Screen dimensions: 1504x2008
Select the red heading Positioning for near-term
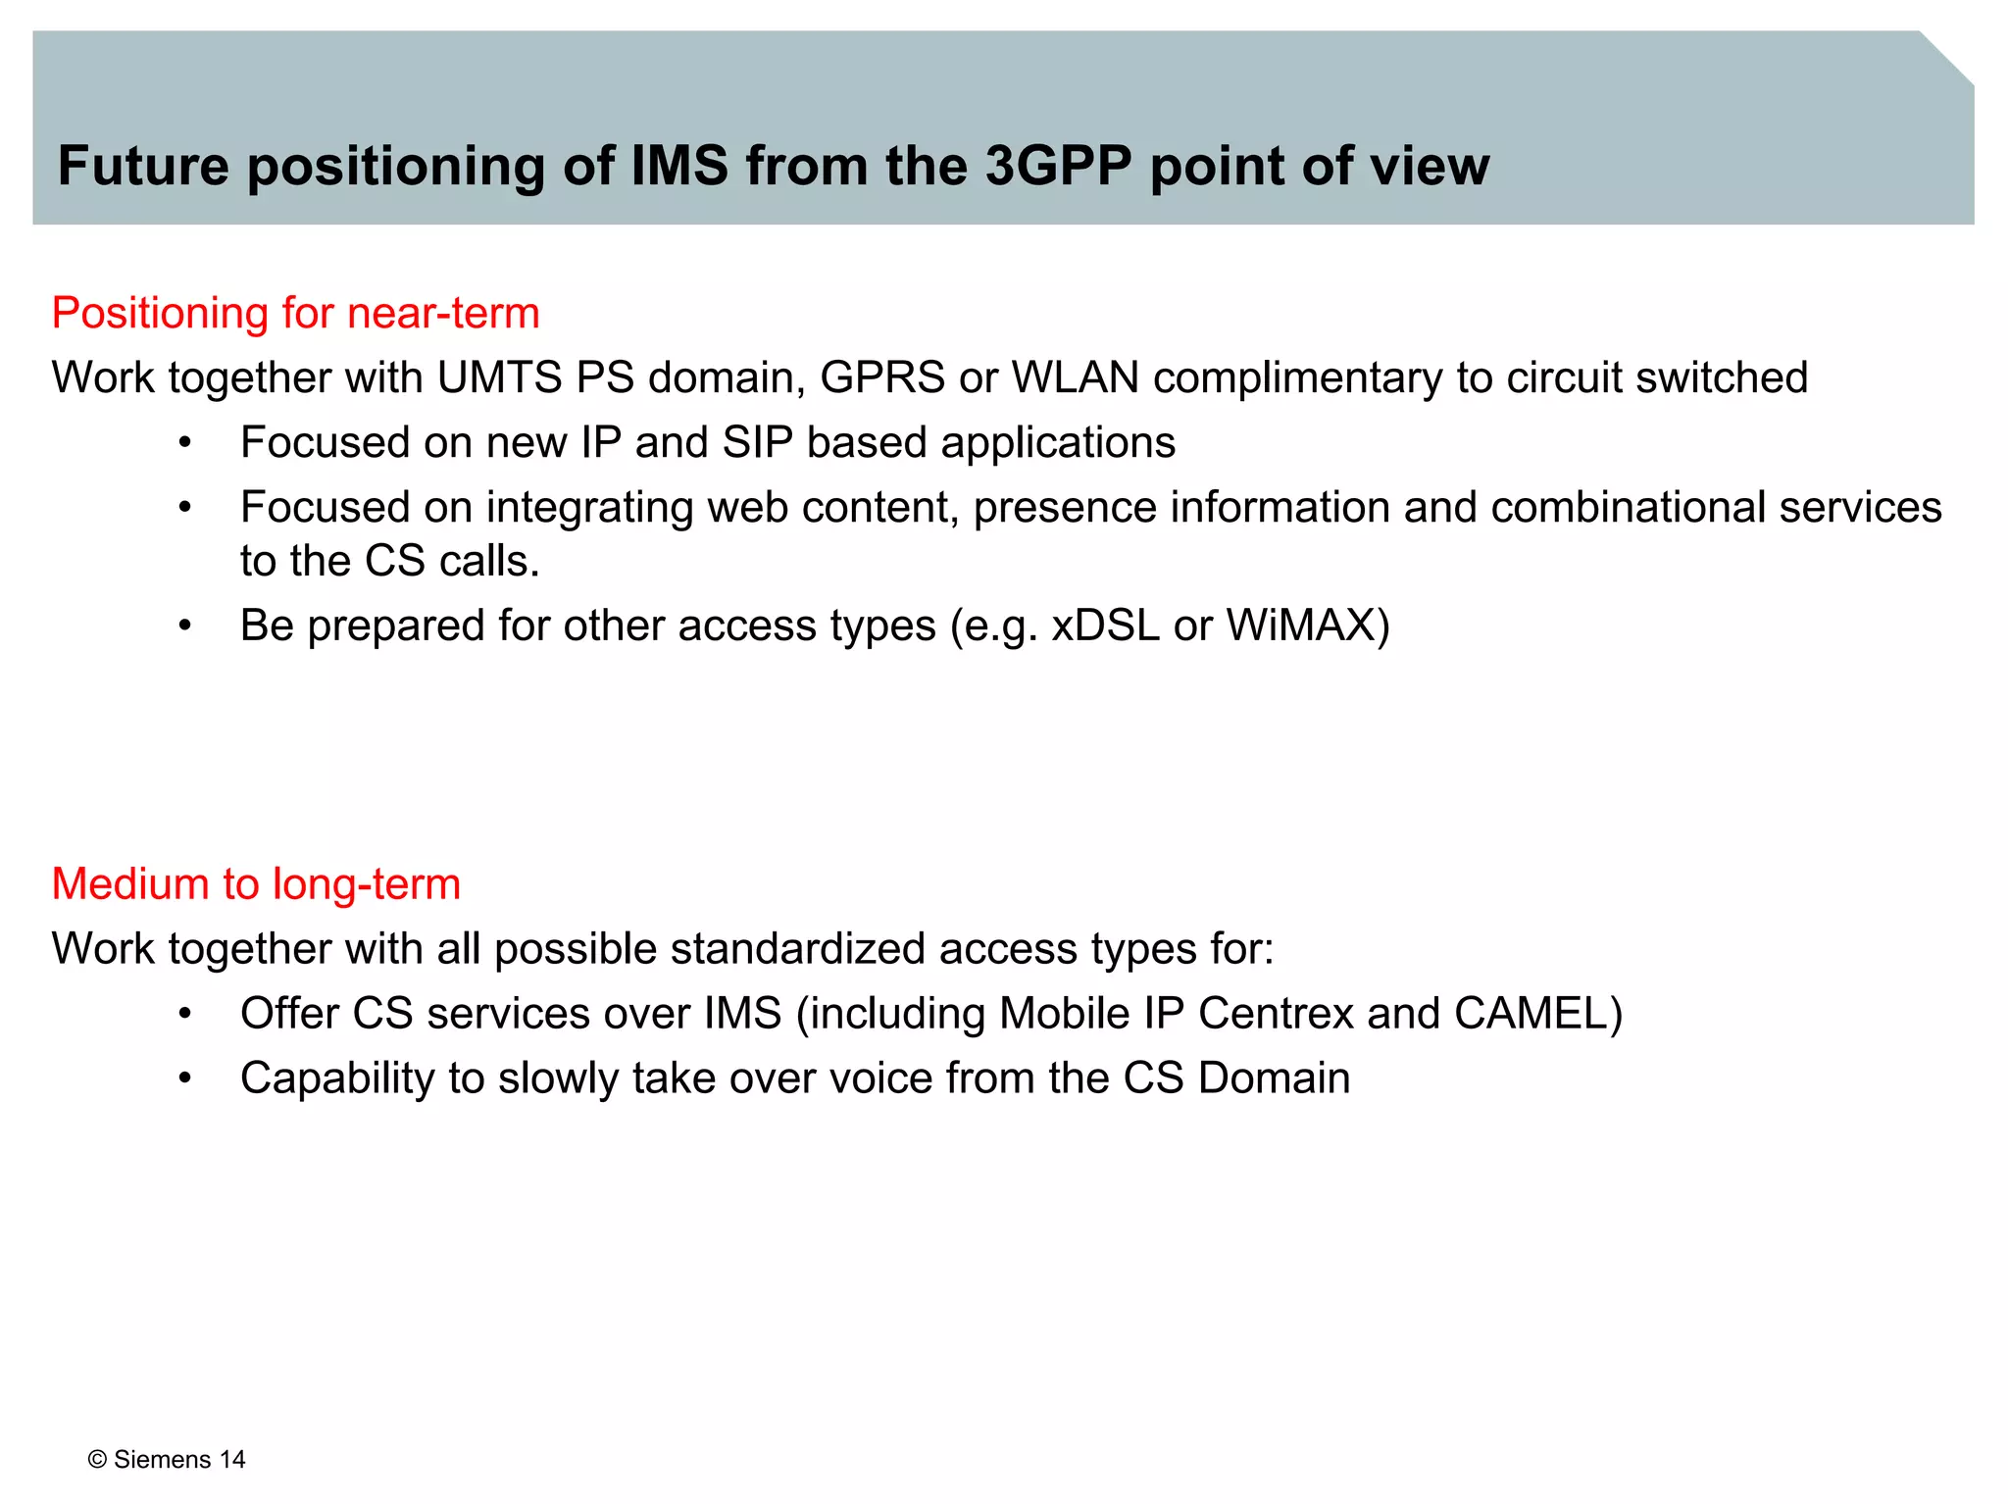click(295, 314)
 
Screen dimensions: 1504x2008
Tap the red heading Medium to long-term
click(256, 884)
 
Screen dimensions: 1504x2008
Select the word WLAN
click(1075, 378)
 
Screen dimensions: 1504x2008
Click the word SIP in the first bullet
click(757, 443)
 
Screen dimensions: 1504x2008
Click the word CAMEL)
click(1538, 1014)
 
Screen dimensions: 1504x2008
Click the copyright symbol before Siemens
click(97, 1460)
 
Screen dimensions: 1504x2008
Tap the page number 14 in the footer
click(232, 1460)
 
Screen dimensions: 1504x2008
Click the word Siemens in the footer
click(163, 1460)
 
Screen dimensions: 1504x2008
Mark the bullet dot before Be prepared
click(184, 626)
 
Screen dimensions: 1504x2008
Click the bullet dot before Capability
click(184, 1078)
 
